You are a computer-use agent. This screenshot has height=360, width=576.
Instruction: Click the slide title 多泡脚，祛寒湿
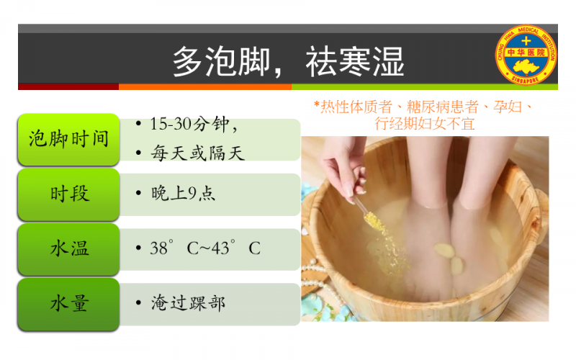[289, 61]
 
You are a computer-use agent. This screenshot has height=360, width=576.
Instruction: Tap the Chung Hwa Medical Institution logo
[526, 55]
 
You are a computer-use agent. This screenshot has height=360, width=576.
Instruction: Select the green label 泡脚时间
[68, 140]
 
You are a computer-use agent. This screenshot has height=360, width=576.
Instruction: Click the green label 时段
[68, 194]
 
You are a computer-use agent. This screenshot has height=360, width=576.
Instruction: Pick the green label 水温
[68, 249]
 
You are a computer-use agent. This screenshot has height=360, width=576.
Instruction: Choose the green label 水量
[68, 304]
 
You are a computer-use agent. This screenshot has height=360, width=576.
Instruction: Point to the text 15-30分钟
[189, 124]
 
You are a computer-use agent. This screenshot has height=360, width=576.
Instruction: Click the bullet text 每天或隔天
[197, 153]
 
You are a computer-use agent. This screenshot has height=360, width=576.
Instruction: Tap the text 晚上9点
[183, 193]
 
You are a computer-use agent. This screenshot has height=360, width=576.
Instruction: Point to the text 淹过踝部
[188, 303]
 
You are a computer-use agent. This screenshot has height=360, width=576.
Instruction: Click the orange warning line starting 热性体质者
[423, 107]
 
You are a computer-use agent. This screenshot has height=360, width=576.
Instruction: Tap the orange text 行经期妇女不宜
[424, 124]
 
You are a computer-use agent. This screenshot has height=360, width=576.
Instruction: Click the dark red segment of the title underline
[68, 87]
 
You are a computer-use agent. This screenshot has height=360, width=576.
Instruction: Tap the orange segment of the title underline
[205, 87]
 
